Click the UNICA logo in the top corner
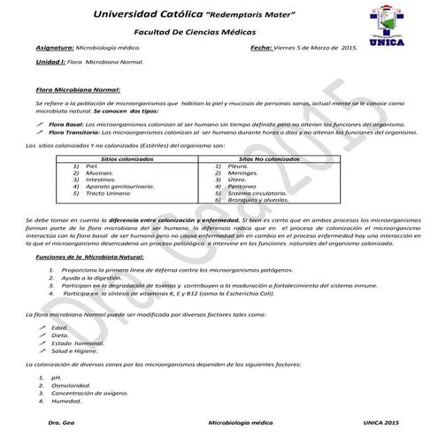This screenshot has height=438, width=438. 390,32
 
